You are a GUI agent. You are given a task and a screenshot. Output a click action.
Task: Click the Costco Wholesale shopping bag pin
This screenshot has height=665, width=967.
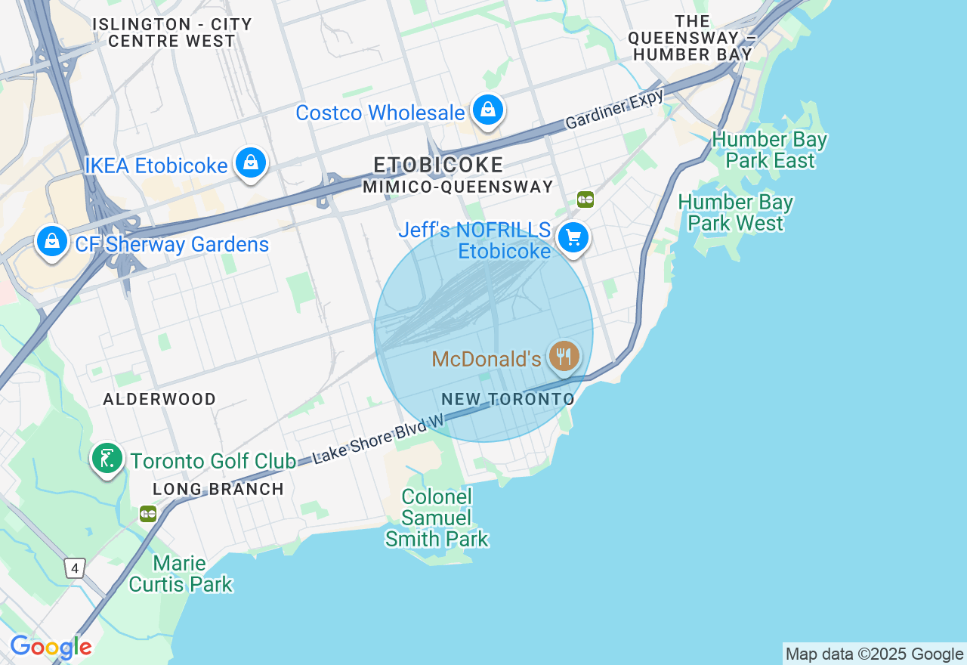click(x=489, y=110)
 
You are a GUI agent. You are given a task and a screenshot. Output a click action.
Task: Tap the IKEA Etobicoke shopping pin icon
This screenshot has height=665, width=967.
click(x=250, y=162)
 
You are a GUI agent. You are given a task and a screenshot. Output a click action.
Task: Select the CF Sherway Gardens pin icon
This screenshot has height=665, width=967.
click(x=51, y=242)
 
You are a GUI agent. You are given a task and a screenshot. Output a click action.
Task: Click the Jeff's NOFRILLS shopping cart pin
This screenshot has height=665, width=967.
click(x=573, y=238)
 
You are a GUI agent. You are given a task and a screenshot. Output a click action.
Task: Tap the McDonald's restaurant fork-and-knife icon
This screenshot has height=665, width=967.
click(x=564, y=355)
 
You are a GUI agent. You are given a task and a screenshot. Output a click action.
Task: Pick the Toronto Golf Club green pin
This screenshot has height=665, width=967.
click(x=107, y=458)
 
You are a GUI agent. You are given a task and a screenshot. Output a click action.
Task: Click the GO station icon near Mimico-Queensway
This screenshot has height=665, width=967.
click(x=585, y=199)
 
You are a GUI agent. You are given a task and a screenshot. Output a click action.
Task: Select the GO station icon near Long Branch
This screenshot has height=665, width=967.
click(x=148, y=514)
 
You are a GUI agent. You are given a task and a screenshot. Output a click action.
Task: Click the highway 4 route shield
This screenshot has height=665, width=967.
click(x=74, y=568)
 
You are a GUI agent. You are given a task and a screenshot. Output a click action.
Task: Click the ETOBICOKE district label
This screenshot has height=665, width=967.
click(x=439, y=165)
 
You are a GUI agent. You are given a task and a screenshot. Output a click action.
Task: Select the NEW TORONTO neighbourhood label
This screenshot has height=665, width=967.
click(x=508, y=399)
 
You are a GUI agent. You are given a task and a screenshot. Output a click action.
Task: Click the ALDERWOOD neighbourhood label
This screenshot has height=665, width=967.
click(x=159, y=399)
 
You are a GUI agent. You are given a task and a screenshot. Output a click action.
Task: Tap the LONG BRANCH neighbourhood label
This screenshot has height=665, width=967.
click(x=218, y=489)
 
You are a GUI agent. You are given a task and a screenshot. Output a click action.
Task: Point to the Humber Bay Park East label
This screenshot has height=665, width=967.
click(x=769, y=150)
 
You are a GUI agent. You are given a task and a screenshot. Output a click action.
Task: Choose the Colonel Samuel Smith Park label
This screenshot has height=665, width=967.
click(x=437, y=518)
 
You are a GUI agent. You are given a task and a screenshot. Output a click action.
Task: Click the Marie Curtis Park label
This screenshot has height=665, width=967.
click(x=180, y=574)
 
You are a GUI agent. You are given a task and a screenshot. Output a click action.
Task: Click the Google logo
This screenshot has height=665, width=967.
click(x=51, y=647)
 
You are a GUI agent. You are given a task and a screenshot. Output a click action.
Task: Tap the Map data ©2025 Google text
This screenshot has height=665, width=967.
click(x=874, y=654)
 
